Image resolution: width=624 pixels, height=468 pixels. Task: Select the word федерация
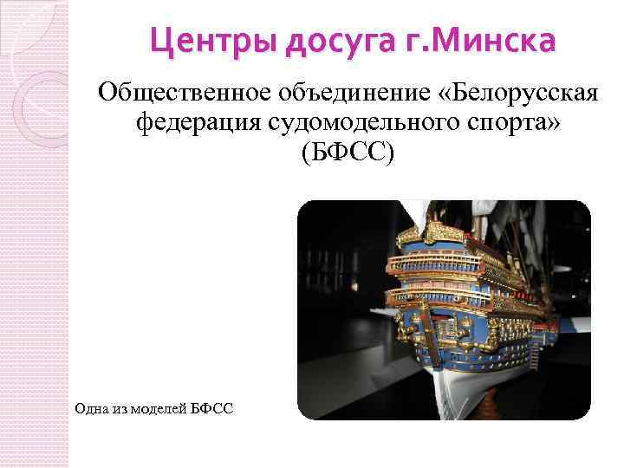click(x=198, y=123)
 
